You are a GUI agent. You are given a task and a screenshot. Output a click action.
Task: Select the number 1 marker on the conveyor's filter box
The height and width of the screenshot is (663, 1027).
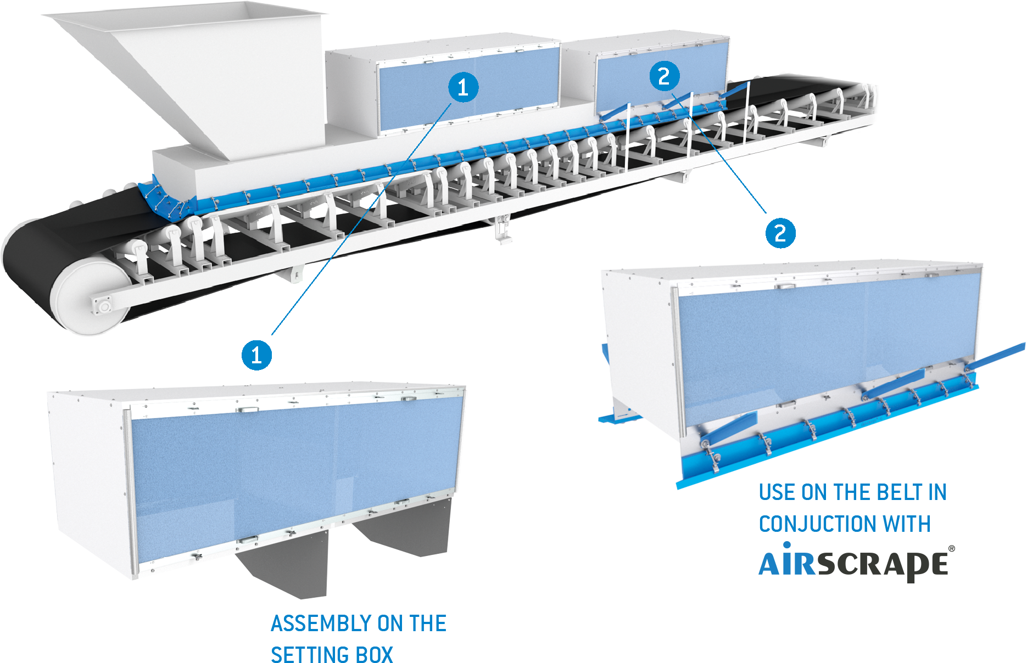coord(463,87)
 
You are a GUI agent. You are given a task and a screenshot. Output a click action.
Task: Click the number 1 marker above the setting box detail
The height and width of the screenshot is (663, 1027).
coord(256,355)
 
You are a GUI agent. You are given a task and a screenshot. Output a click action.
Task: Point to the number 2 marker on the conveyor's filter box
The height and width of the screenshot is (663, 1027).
coord(664,76)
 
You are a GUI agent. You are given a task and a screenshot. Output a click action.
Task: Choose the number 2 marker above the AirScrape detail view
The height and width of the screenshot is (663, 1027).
coord(780,233)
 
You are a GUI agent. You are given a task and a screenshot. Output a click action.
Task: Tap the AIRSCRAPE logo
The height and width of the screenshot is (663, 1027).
coord(855,563)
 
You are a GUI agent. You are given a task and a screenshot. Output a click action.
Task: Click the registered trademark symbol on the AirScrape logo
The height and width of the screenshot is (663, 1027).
coord(951,548)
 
